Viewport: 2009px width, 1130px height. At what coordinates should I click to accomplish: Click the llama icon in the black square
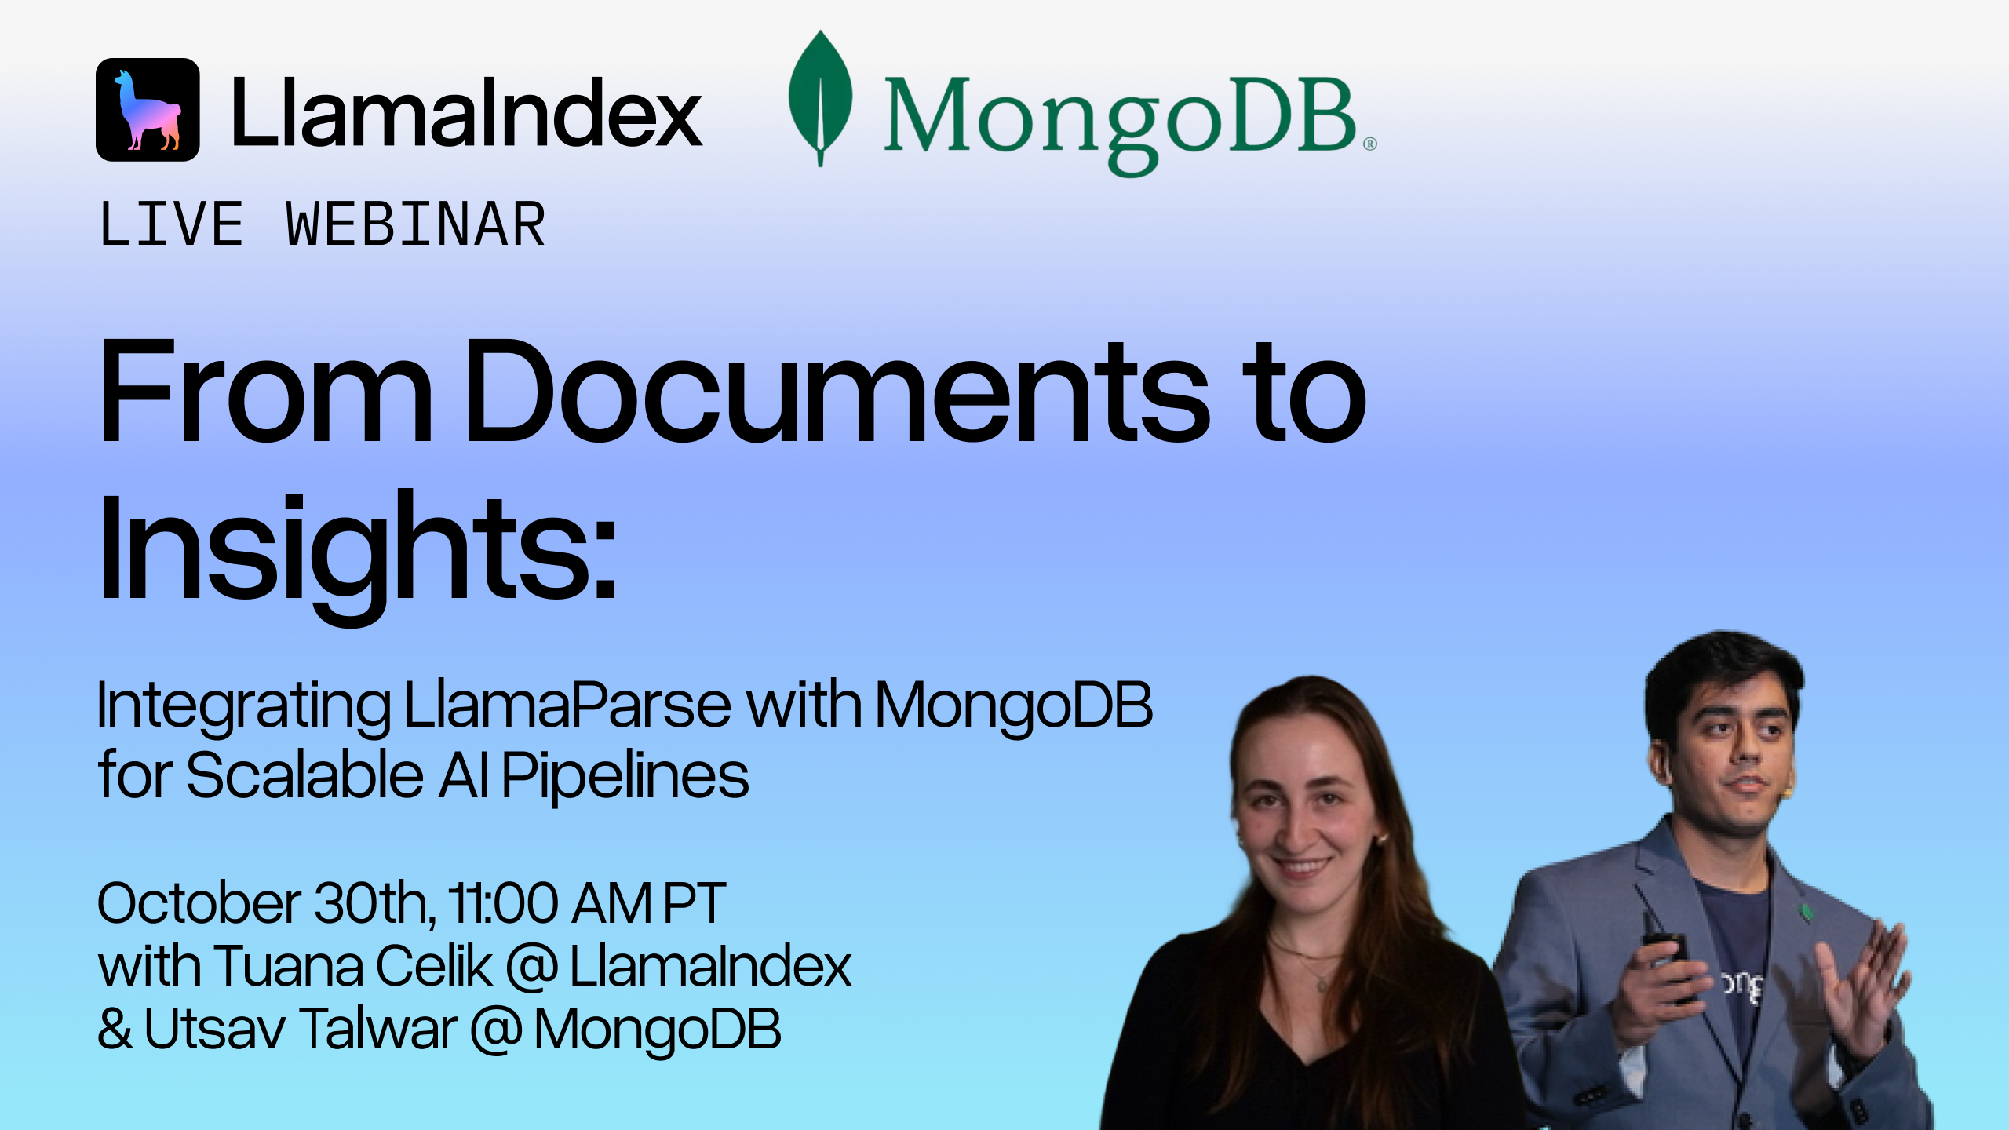click(148, 110)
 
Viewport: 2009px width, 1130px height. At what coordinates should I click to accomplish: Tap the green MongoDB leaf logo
click(820, 98)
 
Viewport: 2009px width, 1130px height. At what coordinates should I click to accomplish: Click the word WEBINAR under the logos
click(416, 224)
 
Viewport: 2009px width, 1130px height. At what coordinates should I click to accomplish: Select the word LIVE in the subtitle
click(172, 224)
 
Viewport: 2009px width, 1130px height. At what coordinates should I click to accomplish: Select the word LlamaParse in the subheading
click(567, 705)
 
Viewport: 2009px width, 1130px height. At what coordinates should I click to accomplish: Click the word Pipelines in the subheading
click(625, 775)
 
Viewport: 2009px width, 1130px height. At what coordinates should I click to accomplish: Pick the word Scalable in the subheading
click(305, 775)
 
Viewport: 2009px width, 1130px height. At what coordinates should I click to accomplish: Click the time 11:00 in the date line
click(503, 903)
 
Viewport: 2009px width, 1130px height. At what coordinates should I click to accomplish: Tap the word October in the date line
click(199, 903)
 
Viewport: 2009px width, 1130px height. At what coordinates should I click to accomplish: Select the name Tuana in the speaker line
click(287, 966)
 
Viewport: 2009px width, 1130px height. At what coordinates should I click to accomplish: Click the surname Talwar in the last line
click(378, 1029)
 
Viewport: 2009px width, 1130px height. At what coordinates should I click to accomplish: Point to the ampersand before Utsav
click(115, 1029)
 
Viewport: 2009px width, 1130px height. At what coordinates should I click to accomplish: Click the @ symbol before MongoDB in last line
click(497, 1030)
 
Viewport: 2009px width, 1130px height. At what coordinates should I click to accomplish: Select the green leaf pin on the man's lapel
click(1806, 913)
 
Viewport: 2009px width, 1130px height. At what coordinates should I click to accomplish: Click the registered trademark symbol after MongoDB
click(1369, 144)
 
